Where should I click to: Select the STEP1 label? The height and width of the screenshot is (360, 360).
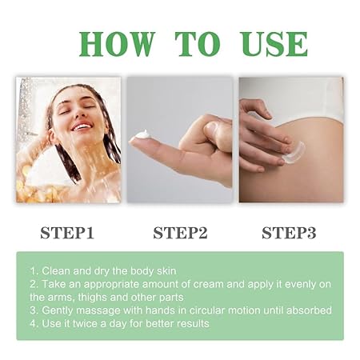pos(67,233)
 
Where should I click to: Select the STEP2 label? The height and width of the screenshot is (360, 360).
pos(180,233)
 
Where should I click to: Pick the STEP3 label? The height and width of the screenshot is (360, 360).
pos(289,233)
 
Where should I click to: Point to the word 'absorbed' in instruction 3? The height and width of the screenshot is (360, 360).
pos(309,310)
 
